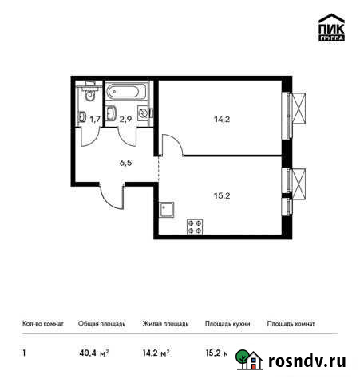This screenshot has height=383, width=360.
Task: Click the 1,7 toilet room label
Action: (95, 120)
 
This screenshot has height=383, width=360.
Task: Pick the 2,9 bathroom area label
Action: (125, 120)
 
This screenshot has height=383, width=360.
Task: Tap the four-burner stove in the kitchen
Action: (195, 226)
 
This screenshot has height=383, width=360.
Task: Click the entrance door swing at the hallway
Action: (113, 195)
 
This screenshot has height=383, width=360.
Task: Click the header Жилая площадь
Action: (165, 324)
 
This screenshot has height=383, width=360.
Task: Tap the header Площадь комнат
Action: (291, 324)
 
